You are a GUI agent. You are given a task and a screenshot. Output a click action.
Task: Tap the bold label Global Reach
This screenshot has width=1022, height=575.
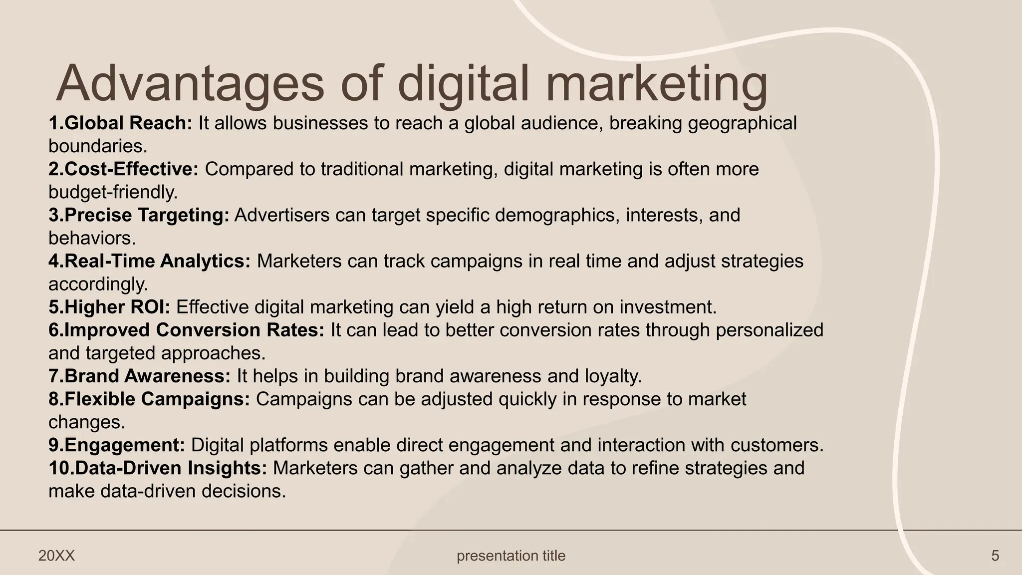128,123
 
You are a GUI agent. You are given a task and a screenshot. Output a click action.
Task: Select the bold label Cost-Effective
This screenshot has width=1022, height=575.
131,169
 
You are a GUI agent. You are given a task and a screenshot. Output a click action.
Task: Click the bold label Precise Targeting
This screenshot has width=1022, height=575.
147,215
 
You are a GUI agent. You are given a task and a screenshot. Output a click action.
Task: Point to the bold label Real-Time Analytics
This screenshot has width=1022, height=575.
157,261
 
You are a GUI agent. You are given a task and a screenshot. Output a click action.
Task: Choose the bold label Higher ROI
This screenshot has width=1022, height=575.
117,307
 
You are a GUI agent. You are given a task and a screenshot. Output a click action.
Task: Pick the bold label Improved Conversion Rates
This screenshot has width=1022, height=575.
194,330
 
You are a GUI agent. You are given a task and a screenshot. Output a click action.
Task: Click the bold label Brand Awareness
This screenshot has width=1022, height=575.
147,376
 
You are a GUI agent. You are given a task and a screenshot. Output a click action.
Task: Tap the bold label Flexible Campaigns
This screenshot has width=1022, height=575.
157,399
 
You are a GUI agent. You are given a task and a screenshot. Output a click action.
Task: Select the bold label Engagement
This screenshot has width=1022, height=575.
125,445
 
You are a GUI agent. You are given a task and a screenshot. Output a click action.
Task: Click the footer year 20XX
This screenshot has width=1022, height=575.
56,556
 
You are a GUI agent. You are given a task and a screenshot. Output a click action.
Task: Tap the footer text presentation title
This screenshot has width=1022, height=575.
511,556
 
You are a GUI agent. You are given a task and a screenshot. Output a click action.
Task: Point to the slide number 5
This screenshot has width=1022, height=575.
995,556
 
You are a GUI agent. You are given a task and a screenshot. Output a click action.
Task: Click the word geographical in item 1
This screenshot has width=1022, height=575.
742,123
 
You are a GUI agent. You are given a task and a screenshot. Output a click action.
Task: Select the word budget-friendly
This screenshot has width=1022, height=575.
113,192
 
